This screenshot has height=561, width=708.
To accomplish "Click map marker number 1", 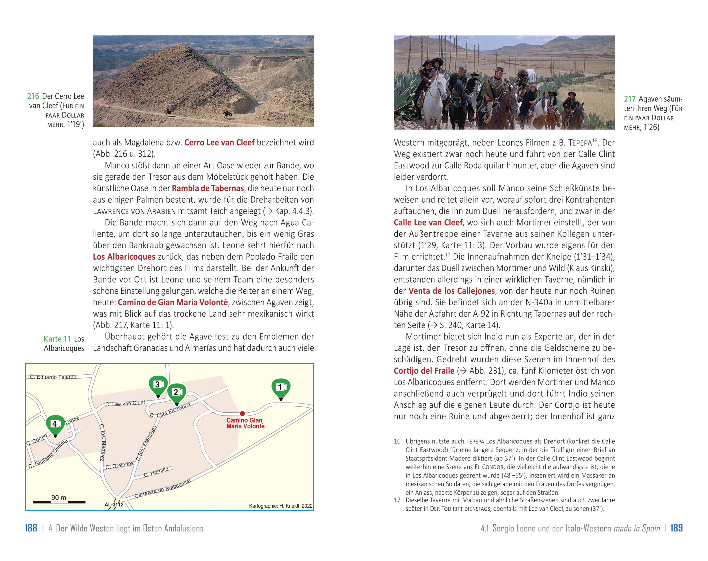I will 281,388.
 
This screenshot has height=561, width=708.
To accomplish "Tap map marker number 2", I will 177,392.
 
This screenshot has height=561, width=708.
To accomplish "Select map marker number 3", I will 158,385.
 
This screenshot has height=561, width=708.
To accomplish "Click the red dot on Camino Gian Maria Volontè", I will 242,413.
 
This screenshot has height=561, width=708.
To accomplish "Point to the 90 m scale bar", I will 59,502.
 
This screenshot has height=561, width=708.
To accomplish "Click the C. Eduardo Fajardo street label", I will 53,377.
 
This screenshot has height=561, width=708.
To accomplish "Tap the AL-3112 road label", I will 114,504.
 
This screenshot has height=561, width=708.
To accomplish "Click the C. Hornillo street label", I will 156,472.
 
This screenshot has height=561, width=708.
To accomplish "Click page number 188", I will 31,528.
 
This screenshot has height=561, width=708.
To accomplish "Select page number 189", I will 676,528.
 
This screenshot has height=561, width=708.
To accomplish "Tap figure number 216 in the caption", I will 33,96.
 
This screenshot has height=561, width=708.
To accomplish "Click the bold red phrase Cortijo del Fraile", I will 424,371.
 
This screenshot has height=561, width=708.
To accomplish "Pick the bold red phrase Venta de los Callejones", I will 451,291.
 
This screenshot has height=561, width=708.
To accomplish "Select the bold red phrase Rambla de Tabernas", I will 208,188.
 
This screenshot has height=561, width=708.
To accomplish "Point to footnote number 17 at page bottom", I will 397,500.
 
